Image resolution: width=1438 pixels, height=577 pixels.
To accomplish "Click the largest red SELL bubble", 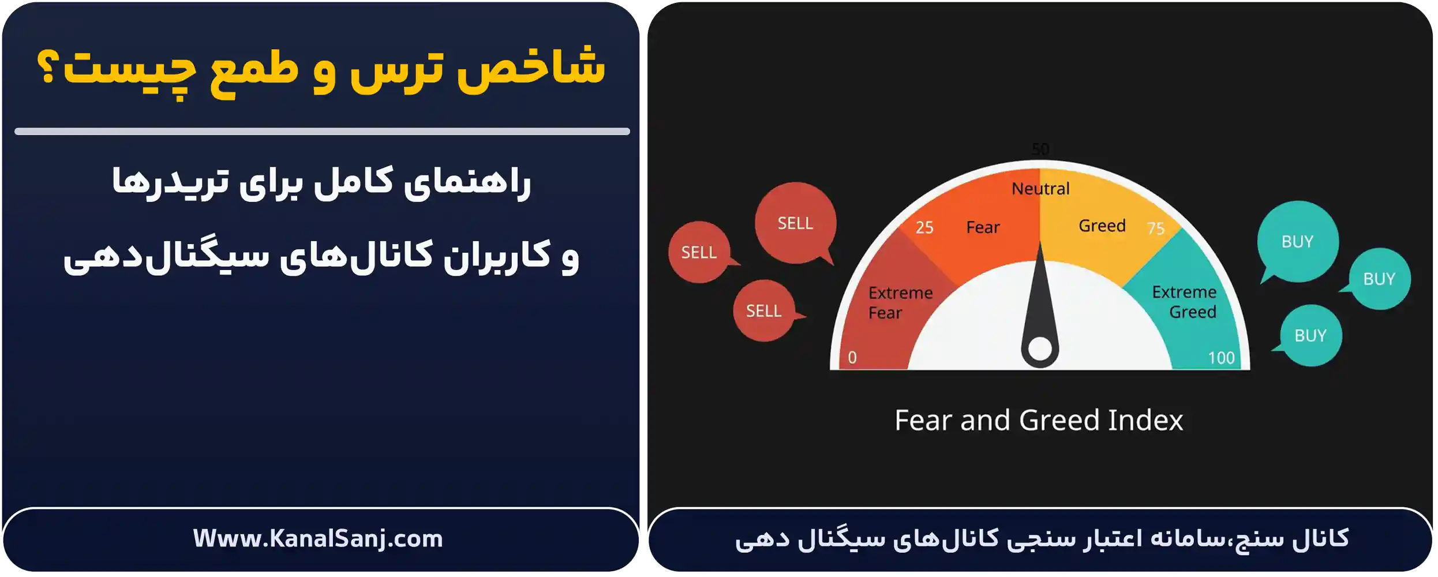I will tap(795, 223).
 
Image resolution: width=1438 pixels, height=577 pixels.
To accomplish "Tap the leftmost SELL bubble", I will tap(699, 252).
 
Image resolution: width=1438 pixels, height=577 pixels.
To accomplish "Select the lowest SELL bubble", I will tap(763, 311).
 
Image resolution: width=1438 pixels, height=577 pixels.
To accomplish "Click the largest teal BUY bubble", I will tap(1297, 241).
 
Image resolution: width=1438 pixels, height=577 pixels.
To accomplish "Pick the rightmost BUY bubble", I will tap(1379, 279).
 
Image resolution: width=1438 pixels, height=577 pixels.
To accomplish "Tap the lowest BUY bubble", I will tap(1310, 335).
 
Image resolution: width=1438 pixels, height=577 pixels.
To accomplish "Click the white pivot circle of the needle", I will tap(1040, 349).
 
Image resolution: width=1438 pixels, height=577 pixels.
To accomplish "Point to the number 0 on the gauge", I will tap(852, 358).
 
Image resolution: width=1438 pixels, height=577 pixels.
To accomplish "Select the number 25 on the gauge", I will tap(924, 227).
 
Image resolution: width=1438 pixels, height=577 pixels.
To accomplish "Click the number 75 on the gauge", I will tap(1156, 228).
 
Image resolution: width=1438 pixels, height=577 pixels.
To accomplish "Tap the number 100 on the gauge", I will tap(1222, 358).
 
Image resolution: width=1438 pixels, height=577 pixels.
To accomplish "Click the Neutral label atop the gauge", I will tap(1040, 189).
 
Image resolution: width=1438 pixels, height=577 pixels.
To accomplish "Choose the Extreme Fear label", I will tap(900, 302).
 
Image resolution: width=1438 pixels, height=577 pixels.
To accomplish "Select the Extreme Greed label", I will tap(1184, 302).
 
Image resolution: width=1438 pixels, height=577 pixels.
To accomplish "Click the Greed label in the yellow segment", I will tap(1102, 226).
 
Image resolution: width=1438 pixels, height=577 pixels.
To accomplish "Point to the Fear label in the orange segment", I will tap(983, 227).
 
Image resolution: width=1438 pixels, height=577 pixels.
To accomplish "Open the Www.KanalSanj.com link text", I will tap(318, 539).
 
